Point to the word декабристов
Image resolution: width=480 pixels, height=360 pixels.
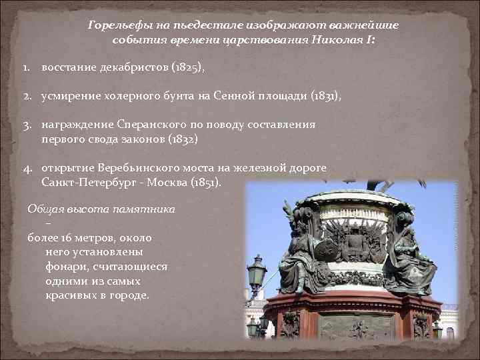coord(134,68)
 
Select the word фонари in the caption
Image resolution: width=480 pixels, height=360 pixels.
coord(65,267)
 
